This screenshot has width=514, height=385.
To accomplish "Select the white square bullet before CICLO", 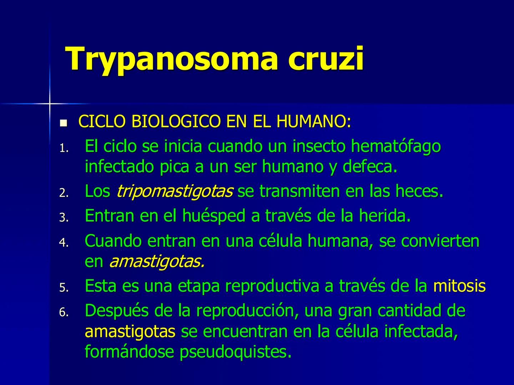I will tap(64, 123).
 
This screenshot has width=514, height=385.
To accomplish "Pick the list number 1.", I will tap(63, 148).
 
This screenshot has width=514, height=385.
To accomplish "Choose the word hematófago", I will tap(395, 146).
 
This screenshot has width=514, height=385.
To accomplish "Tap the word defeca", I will tap(369, 166).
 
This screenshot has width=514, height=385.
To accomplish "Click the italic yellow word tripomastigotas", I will tap(175, 192).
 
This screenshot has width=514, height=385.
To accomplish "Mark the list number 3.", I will tap(63, 217).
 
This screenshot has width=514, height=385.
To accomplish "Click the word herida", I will tap(384, 216).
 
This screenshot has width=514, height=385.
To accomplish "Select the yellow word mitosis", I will tap(459, 286).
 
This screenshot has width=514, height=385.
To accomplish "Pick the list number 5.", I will tap(63, 288).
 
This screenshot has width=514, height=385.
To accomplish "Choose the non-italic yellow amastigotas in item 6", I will tap(130, 332).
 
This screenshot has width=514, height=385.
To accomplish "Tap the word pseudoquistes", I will tap(236, 352).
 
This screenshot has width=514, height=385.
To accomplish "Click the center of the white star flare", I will tap(50, 103).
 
